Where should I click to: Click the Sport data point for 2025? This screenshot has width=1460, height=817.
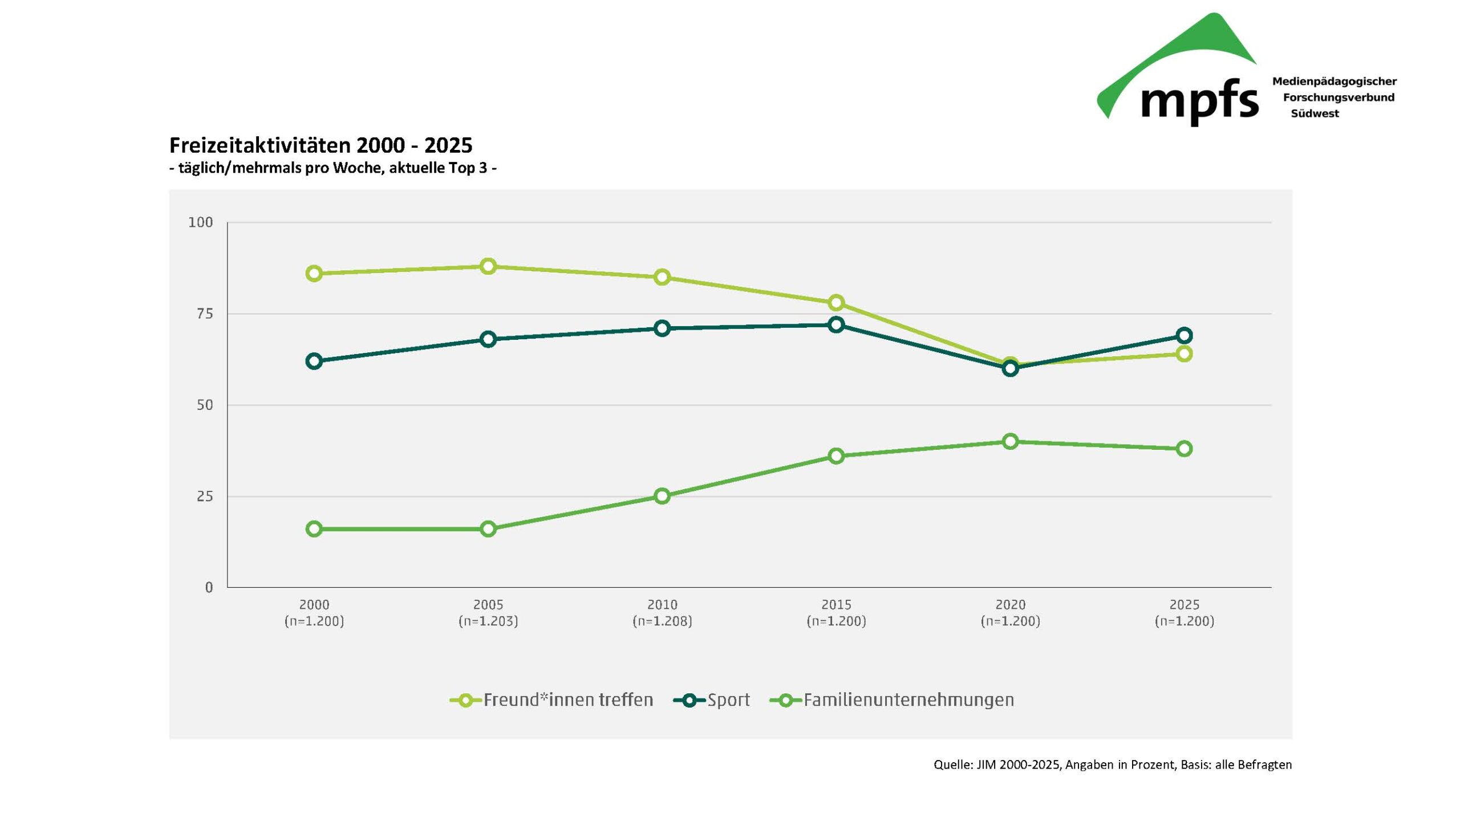click(x=1184, y=335)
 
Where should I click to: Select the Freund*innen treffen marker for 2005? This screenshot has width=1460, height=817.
click(x=488, y=266)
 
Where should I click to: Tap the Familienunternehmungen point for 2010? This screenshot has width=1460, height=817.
click(x=662, y=496)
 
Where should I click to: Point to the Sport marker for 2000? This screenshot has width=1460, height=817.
click(x=314, y=361)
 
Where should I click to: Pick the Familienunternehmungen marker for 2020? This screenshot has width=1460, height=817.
click(x=1010, y=441)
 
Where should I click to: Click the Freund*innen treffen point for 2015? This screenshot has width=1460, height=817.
click(x=836, y=302)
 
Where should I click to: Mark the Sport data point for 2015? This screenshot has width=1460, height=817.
click(x=836, y=324)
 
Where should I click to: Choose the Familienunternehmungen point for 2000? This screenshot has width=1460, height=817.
click(x=314, y=529)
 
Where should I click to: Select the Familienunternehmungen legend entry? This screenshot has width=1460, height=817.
click(x=892, y=700)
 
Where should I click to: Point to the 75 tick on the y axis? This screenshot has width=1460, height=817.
click(x=205, y=314)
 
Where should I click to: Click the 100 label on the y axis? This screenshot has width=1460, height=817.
click(x=201, y=222)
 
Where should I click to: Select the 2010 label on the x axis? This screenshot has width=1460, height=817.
click(x=662, y=604)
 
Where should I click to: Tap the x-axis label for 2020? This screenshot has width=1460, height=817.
click(x=1010, y=604)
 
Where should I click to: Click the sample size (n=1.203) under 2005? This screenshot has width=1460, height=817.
click(x=488, y=621)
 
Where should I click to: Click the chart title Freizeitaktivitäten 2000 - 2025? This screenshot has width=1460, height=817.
click(x=321, y=145)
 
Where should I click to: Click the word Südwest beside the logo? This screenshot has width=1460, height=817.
click(x=1315, y=113)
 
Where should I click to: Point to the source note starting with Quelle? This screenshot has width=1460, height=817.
click(x=1112, y=765)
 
